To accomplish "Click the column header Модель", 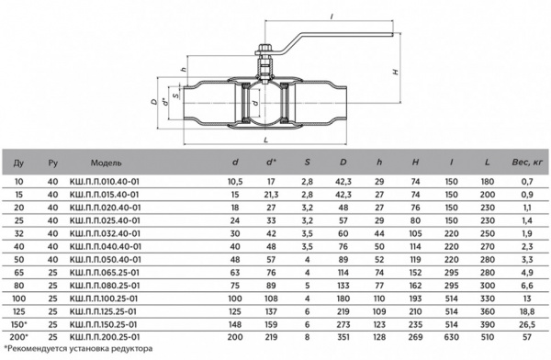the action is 107,163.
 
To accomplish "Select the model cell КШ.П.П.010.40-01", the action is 105,182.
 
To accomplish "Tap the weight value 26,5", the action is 527,324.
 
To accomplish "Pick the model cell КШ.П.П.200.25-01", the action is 105,337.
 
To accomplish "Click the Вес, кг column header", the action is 527,163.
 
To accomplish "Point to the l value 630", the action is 451,337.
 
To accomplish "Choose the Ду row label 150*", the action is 19,324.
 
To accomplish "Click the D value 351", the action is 343,337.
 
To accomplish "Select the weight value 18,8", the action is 527,311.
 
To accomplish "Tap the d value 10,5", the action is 235,182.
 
